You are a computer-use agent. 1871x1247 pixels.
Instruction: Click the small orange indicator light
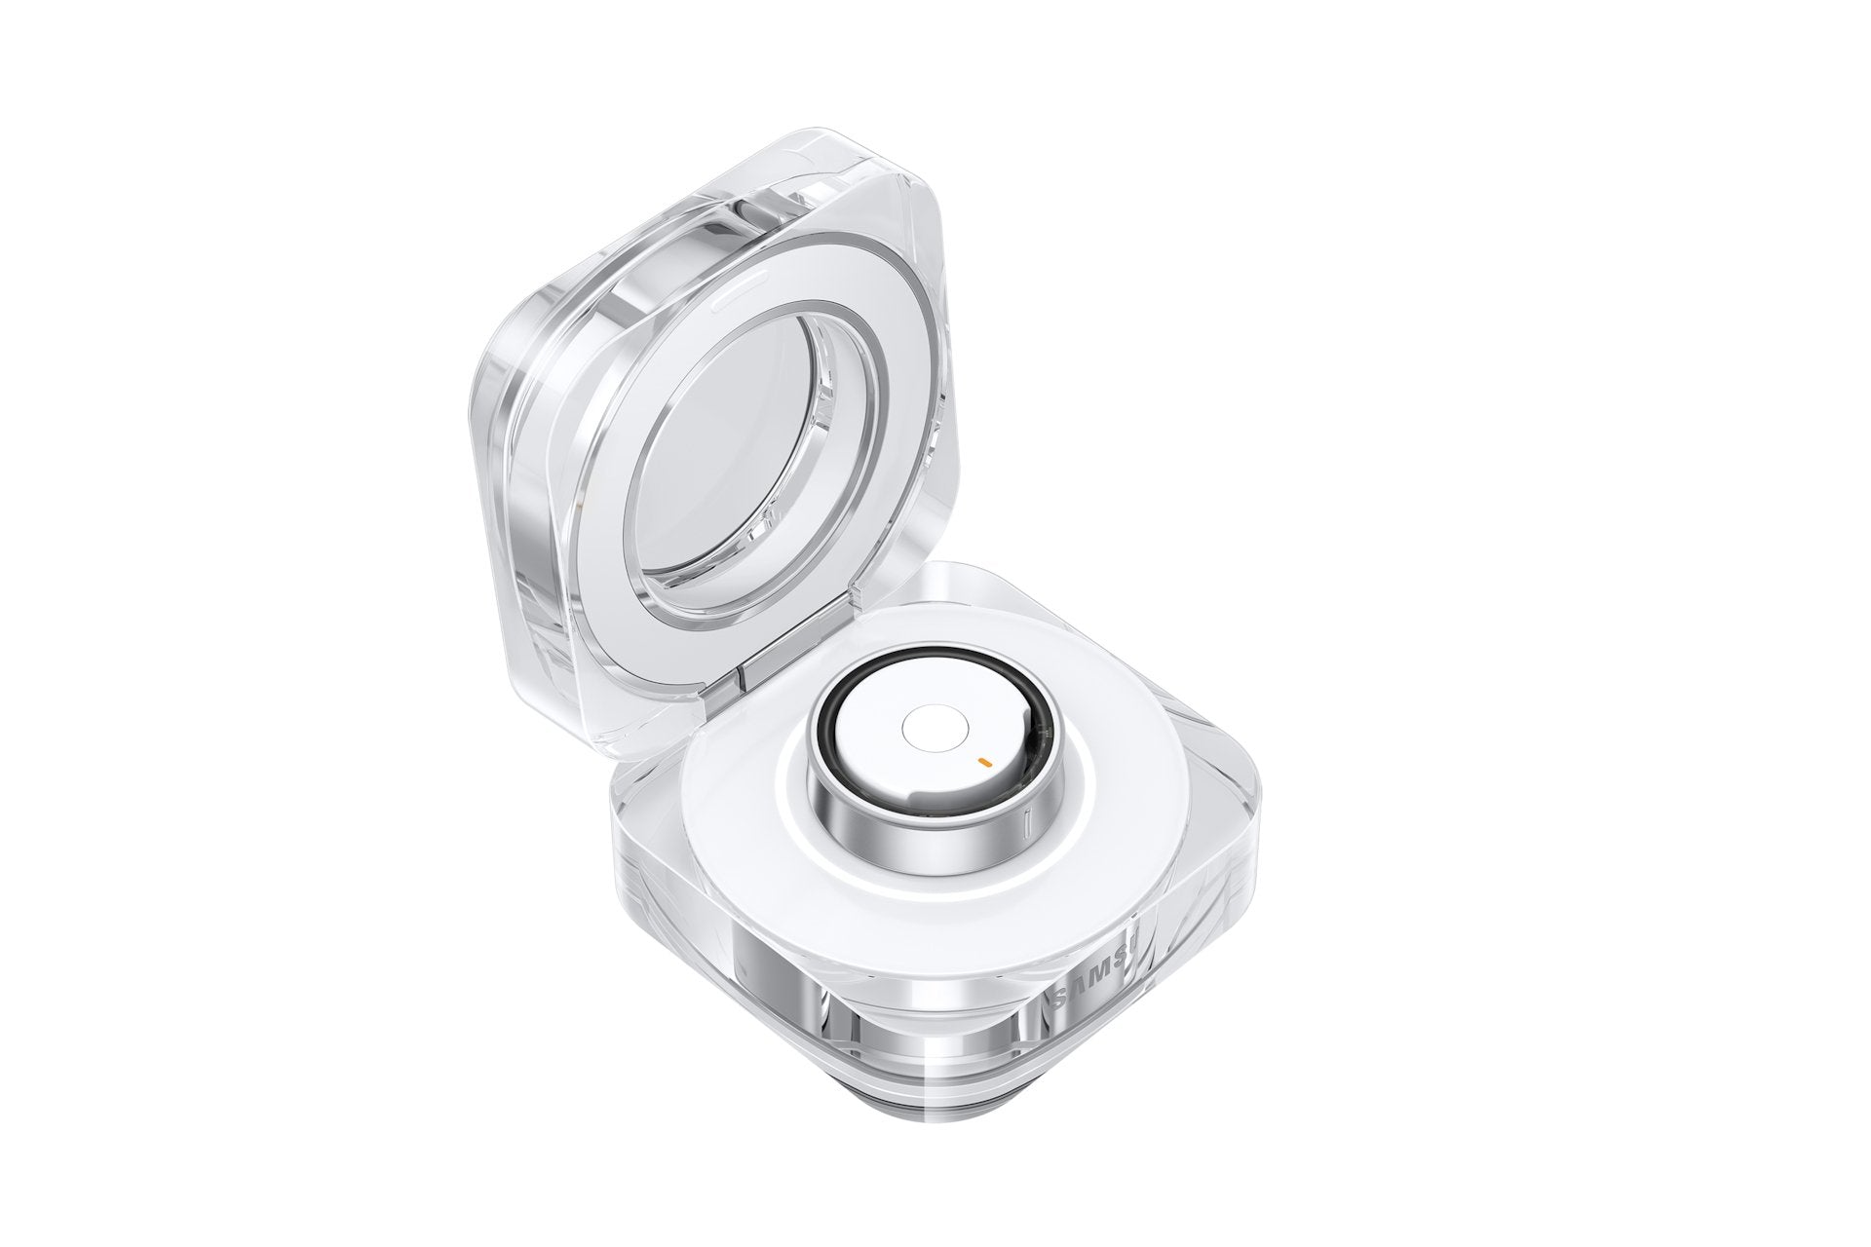pyautogui.click(x=985, y=758)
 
